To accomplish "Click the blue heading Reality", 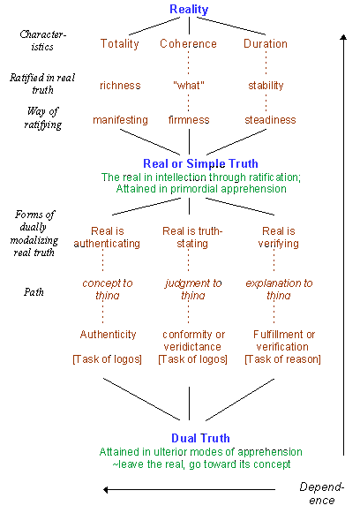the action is coord(189,10).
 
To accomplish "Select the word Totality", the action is coord(120,44).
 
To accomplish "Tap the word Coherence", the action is coord(188,44).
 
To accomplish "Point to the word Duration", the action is coord(266,44).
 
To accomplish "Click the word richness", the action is coord(120,86).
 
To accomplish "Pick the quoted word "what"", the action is coord(189,86).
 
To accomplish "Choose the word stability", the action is coord(266,86).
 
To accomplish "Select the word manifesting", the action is coord(120,120).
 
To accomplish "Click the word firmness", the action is coord(189,120).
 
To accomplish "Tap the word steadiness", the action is coord(270,120).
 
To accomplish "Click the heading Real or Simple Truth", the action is coord(201,163).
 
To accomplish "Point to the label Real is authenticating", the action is coord(107,238).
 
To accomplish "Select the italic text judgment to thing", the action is coord(193,290).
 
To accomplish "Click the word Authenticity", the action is coord(108,335).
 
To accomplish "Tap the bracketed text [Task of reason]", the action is coord(282,359).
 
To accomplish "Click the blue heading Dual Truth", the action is coord(200,438).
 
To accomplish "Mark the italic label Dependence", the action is coord(322,494).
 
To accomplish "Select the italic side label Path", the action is coord(34,292).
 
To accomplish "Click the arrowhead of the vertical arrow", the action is coord(343,37).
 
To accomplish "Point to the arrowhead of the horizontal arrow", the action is coord(106,490).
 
